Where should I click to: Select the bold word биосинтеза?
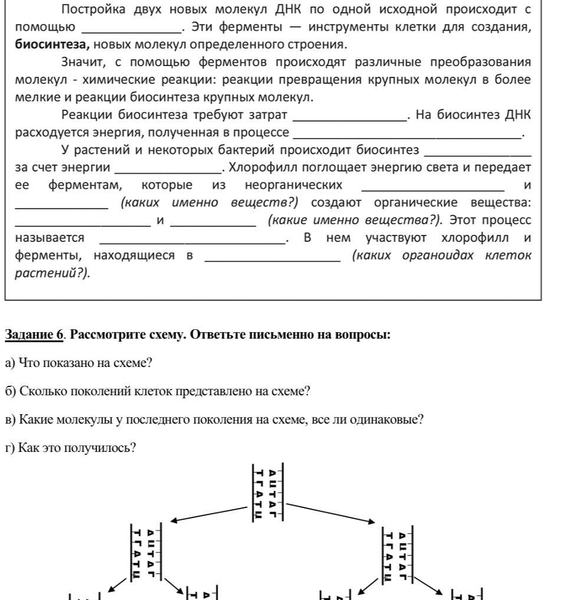tap(52, 44)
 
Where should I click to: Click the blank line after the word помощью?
tap(131, 28)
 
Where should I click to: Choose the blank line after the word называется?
tap(192, 239)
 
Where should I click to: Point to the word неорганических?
tap(294, 185)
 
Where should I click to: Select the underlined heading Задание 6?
tap(34, 336)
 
